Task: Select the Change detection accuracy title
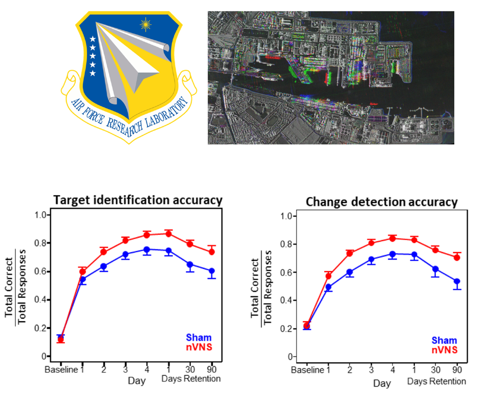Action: coord(381,202)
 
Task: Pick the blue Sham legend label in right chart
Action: coord(444,341)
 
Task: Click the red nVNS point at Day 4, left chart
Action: coord(146,235)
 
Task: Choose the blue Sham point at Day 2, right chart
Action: coord(350,273)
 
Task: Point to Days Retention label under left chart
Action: coord(191,379)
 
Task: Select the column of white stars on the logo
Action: coord(93,56)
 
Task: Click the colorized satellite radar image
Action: coord(330,77)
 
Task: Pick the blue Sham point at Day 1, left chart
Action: coord(82,280)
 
